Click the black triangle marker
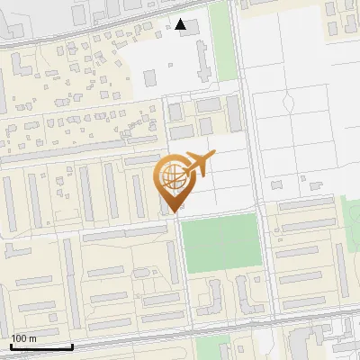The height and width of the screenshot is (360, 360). [x=182, y=24]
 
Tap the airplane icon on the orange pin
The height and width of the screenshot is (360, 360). [x=199, y=165]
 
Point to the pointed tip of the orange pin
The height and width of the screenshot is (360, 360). [x=170, y=212]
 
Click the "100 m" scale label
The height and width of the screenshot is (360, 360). [x=23, y=338]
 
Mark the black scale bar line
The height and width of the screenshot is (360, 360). [x=41, y=346]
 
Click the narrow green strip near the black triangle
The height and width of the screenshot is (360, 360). [x=221, y=40]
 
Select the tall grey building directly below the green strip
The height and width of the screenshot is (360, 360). [x=233, y=112]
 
